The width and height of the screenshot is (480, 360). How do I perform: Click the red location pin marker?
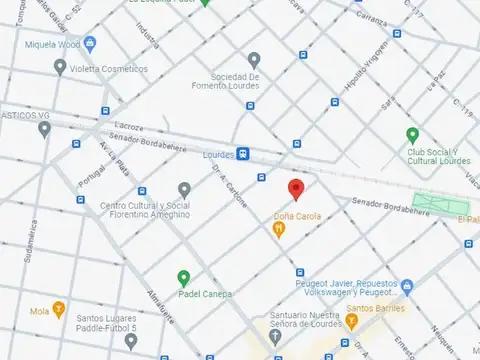(x=295, y=189)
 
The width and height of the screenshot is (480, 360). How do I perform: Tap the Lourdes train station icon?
(x=243, y=153)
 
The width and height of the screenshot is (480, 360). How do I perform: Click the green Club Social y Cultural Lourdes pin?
(x=412, y=135)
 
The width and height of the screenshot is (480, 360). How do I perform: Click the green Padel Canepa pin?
(x=183, y=278)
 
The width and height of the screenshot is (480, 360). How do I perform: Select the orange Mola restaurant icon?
(x=60, y=309)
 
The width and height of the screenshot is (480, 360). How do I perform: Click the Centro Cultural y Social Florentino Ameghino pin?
(x=184, y=189)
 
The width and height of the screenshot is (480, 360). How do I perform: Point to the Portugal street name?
(x=93, y=171)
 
